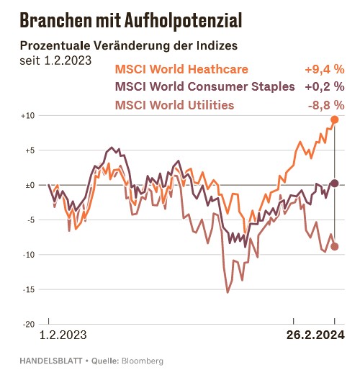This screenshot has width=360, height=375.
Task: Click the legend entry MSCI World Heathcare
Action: [x=181, y=70]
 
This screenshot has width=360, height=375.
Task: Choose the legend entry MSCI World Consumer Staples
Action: [x=205, y=87]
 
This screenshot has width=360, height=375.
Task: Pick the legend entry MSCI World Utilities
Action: [x=174, y=105]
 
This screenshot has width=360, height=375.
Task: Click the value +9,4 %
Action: [x=324, y=70]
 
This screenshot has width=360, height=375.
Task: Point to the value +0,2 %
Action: [x=324, y=87]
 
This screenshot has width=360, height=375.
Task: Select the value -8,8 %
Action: [x=325, y=105]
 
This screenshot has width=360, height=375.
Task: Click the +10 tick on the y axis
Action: [x=27, y=116]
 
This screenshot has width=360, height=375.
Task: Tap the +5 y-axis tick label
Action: [x=29, y=150]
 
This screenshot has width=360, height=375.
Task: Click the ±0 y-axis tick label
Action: [x=29, y=185]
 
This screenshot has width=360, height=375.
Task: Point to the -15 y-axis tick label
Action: [x=28, y=289]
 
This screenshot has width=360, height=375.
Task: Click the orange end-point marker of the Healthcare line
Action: [x=335, y=119]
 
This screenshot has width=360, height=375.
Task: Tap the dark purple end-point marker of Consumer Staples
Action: [x=335, y=184]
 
